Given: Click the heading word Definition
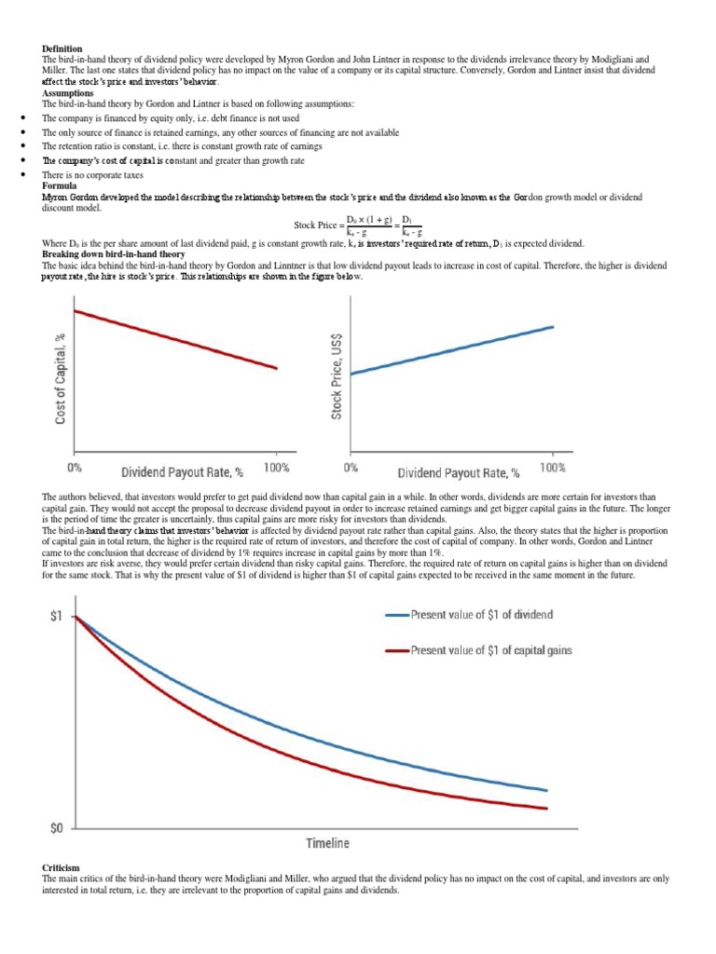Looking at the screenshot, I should coord(62,48).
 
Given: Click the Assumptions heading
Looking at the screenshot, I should coord(67,93).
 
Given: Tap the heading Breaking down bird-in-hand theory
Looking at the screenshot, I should coord(113,254).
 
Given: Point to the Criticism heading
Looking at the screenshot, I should coord(62,867).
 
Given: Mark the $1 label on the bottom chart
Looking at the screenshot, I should coord(58,616).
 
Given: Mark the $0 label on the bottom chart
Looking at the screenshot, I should coord(58,827).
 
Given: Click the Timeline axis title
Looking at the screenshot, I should coord(328,843).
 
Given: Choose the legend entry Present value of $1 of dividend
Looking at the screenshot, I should coord(481,615).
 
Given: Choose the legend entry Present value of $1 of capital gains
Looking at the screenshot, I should coord(490,650).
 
